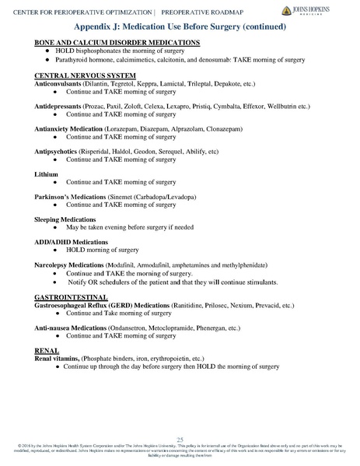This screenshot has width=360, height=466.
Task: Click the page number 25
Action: (180, 440)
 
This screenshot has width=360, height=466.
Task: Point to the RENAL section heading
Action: (47, 350)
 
